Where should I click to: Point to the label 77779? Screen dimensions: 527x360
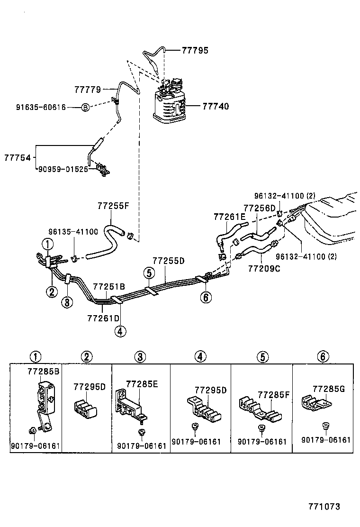pos(87,89)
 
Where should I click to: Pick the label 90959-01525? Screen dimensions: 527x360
pos(63,168)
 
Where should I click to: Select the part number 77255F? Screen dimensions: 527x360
pos(113,206)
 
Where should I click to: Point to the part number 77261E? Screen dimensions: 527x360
pos(230,216)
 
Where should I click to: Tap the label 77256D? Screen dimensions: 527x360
pos(260,208)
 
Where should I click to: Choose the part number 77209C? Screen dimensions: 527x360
pos(264,269)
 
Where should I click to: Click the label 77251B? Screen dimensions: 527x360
pos(109,286)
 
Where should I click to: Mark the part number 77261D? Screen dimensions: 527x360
pos(104,316)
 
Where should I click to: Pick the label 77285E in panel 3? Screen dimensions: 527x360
pos(142,384)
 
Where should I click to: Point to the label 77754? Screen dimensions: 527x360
pos(18,157)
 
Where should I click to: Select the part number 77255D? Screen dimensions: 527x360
pos(168,261)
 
